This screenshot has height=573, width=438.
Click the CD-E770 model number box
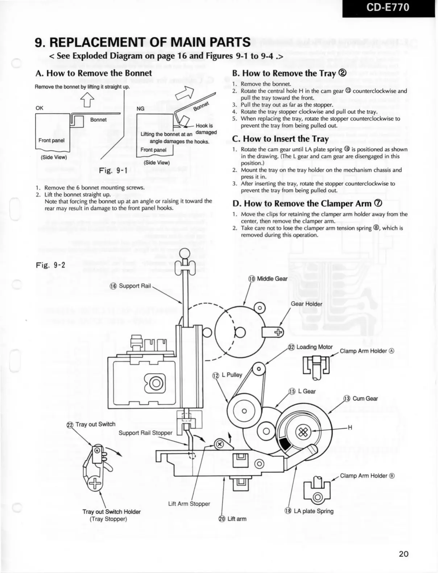388,8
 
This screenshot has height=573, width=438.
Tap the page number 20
404,554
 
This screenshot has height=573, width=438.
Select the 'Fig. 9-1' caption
113,170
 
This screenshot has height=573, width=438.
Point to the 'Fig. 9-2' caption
50,265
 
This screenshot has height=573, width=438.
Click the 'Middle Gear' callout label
268,279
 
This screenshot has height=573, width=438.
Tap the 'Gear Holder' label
306,304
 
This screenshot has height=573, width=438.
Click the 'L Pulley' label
228,375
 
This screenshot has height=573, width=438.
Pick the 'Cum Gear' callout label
361,399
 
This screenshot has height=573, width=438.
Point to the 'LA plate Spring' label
309,511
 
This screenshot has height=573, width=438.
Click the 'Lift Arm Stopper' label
189,504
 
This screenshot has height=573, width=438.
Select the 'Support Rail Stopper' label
145,433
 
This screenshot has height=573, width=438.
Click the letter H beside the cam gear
350,428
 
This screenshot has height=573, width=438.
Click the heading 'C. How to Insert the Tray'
280,139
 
